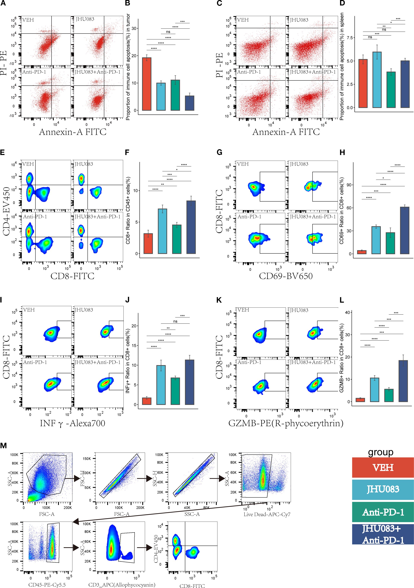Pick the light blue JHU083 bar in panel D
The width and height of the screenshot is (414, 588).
coord(377,80)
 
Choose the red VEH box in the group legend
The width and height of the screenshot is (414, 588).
coord(383,467)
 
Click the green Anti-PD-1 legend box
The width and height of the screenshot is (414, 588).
coord(383,512)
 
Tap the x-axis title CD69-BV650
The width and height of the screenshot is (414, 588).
coord(286,276)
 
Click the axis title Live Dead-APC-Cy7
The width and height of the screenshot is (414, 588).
coord(267,514)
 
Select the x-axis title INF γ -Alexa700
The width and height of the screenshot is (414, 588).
coord(72,423)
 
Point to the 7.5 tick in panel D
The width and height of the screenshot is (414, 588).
coord(350,38)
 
